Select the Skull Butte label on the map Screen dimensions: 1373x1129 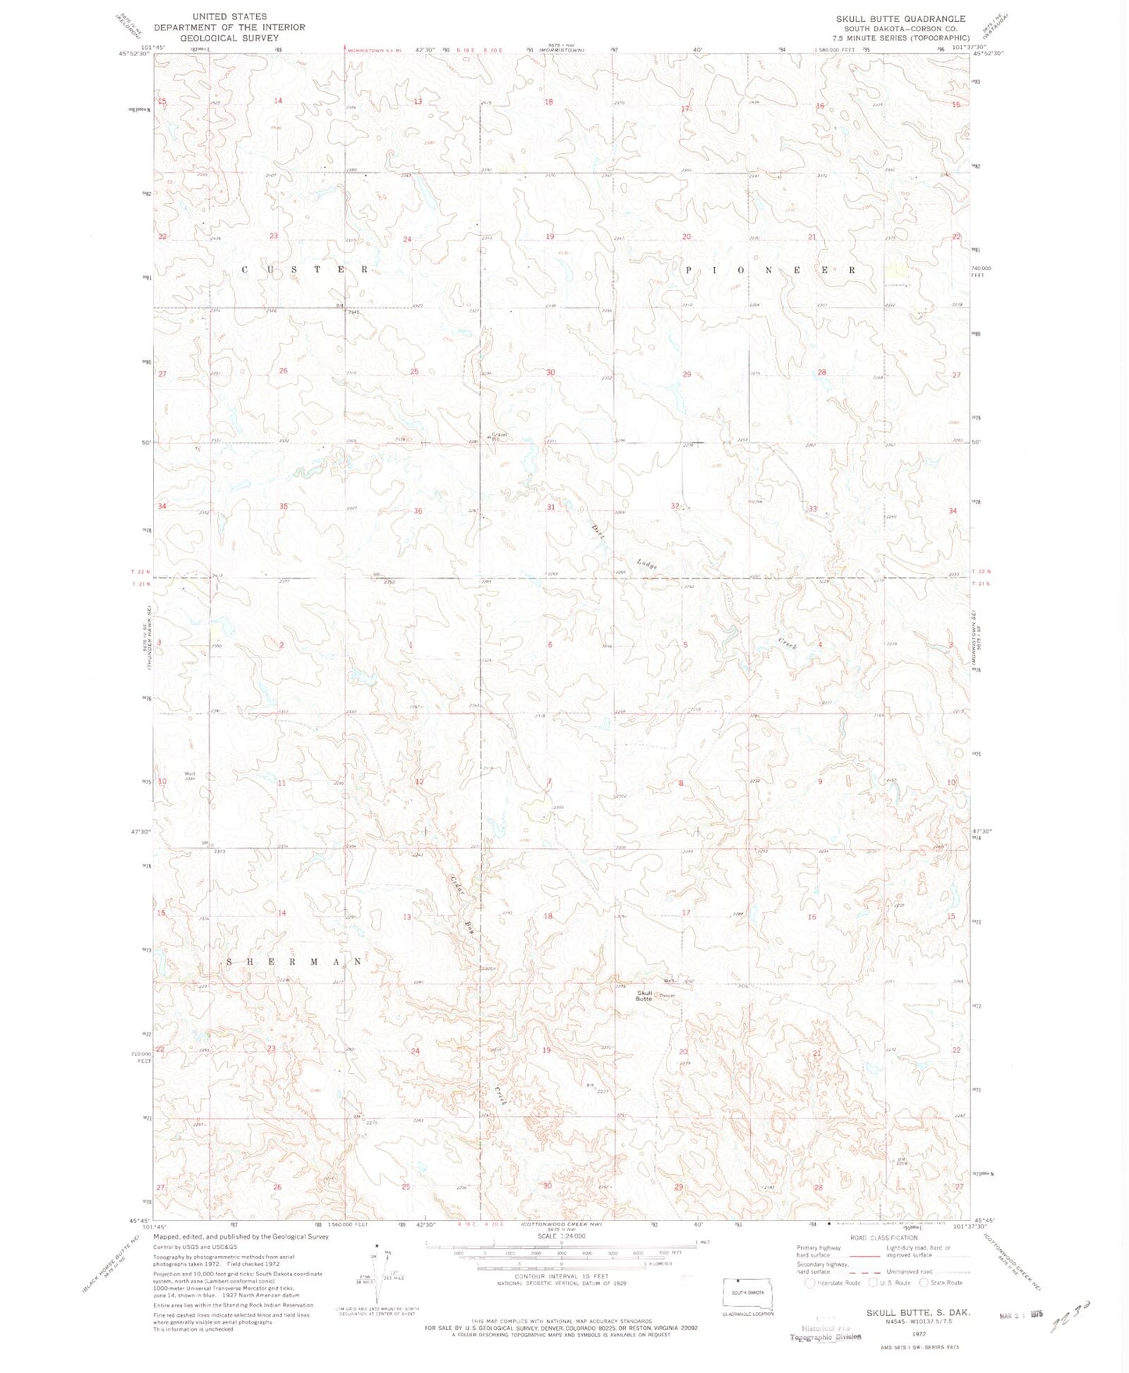click(644, 996)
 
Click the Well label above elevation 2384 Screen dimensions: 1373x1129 click(189, 773)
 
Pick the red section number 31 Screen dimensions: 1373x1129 click(551, 507)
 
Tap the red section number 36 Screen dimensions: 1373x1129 click(418, 511)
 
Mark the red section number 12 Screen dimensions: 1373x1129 click(420, 782)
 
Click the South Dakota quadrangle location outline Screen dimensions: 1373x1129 click(748, 1293)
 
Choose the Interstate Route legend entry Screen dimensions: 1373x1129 click(833, 1282)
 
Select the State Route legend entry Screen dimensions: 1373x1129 click(941, 1282)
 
